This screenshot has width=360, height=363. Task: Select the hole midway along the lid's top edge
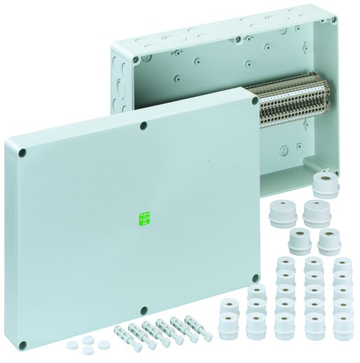(x=143, y=126)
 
